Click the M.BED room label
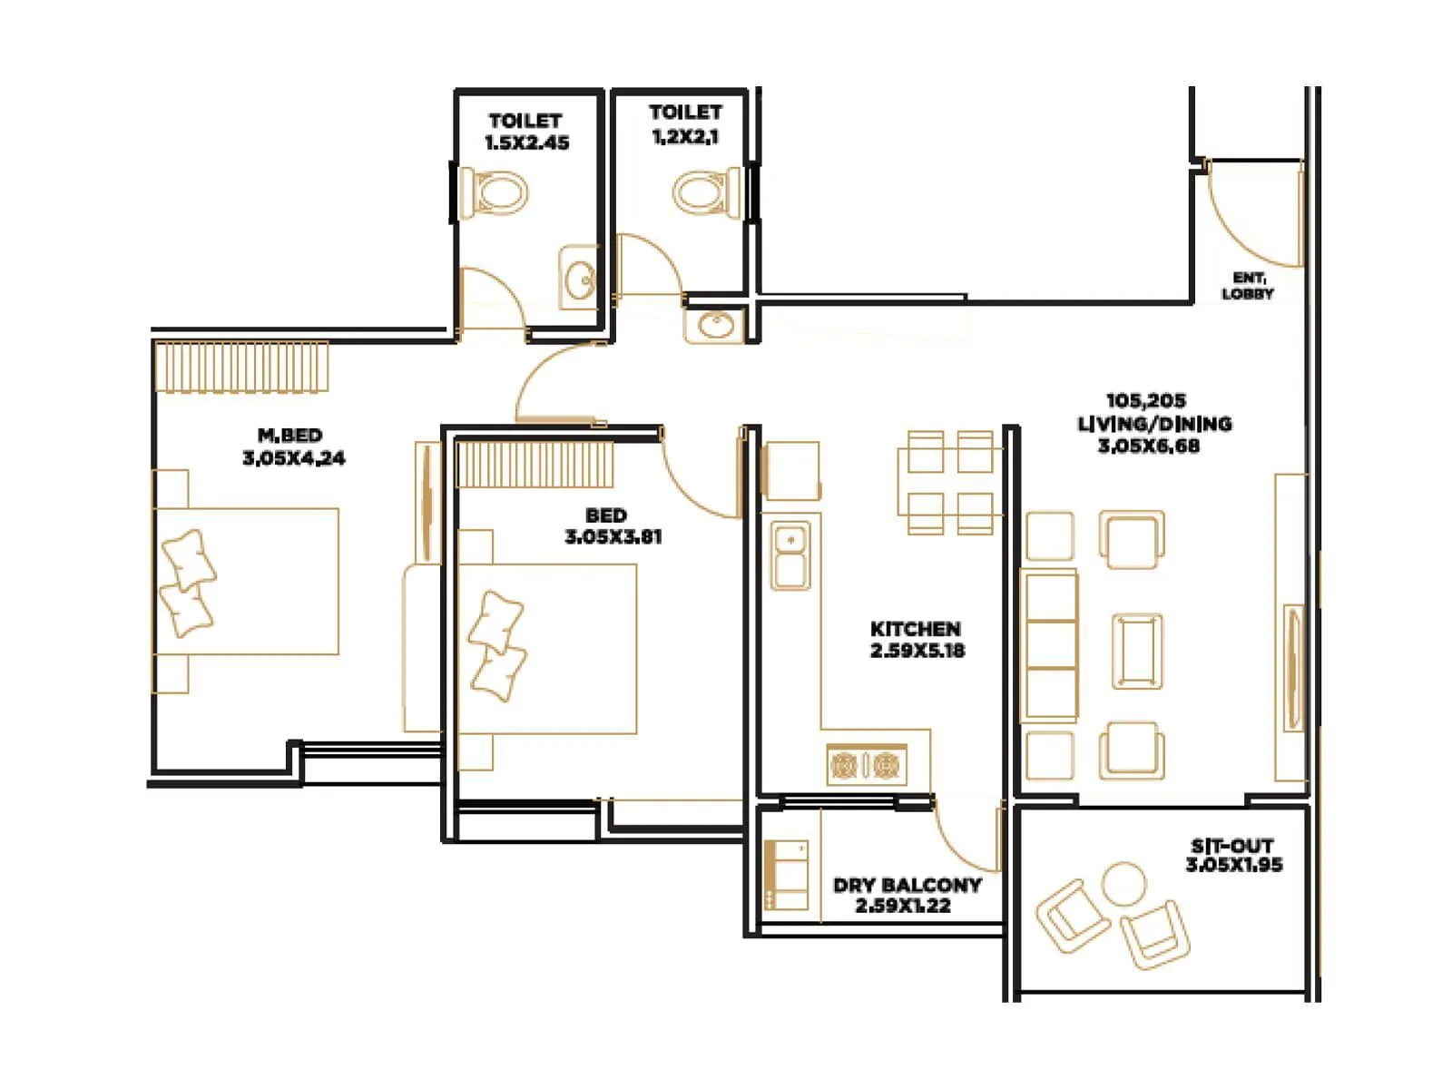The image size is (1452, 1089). pos(289,436)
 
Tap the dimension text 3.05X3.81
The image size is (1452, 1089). pos(613,536)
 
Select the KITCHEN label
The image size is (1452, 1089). pos(915,628)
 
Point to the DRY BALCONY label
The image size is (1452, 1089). pos(907,885)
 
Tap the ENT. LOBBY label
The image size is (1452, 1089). pos(1248,286)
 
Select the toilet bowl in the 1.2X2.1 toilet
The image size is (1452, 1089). pos(703,192)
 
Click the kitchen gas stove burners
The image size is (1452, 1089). pos(867,765)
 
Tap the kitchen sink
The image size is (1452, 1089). pos(791,554)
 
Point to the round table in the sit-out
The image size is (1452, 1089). pos(1123,883)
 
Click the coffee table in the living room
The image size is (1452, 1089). pos(1137,651)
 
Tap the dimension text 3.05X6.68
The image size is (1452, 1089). pos(1149,446)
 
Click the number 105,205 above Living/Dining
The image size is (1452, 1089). pos(1145,400)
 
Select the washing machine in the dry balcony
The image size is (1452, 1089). pos(787,875)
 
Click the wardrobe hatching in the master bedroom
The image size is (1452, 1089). pos(241,366)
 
